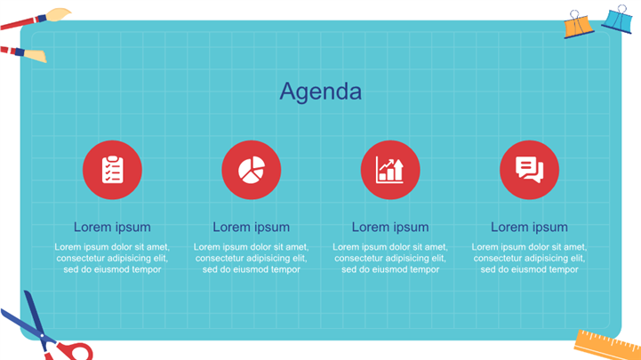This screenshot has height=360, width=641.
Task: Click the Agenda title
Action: coord(320,92)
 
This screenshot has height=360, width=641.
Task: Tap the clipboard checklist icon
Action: coord(112,170)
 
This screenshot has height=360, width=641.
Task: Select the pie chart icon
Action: coord(252,170)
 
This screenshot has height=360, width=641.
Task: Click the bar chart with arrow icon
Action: coord(390,170)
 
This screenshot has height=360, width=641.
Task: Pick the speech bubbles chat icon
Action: coord(529,170)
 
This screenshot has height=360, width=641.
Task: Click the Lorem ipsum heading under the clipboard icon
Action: coord(112,228)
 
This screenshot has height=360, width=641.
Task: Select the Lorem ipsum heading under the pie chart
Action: coord(251,228)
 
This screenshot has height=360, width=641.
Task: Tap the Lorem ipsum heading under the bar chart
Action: coord(390,228)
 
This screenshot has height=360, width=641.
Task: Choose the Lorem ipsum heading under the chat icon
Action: coord(529,228)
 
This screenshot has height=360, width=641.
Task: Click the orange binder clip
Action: coord(578,26)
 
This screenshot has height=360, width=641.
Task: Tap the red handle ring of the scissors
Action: coord(75,351)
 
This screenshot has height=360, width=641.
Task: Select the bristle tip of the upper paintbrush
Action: coord(59,14)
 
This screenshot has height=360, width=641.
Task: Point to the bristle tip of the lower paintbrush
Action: coord(36,56)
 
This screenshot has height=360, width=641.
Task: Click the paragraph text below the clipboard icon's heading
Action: coord(112,259)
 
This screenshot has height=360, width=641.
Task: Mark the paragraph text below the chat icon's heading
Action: coord(529,259)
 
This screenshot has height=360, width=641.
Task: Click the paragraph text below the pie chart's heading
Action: coord(251,259)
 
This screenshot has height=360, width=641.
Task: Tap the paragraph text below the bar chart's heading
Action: coord(390,259)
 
